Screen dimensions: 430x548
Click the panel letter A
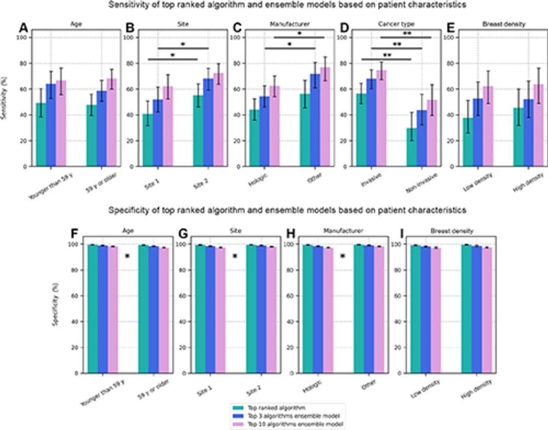24,27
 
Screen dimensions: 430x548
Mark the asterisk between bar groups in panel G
235,256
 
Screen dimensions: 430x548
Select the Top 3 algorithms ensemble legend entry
284,416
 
